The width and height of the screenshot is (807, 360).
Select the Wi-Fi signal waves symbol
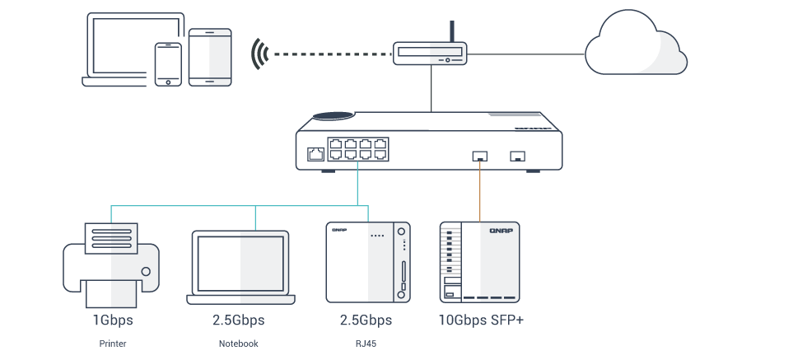point(261,54)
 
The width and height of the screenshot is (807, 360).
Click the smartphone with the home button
point(168,63)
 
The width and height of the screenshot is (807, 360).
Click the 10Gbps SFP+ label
point(481,320)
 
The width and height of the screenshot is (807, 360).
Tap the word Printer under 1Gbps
point(112,343)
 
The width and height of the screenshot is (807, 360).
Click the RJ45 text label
point(365,343)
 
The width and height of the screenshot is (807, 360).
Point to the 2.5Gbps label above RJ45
point(365,320)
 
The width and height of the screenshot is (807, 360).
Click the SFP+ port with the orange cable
point(480,155)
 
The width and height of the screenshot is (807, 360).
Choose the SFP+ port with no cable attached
point(518,155)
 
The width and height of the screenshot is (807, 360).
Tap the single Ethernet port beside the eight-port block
point(315,153)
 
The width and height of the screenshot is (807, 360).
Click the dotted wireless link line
point(329,54)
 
